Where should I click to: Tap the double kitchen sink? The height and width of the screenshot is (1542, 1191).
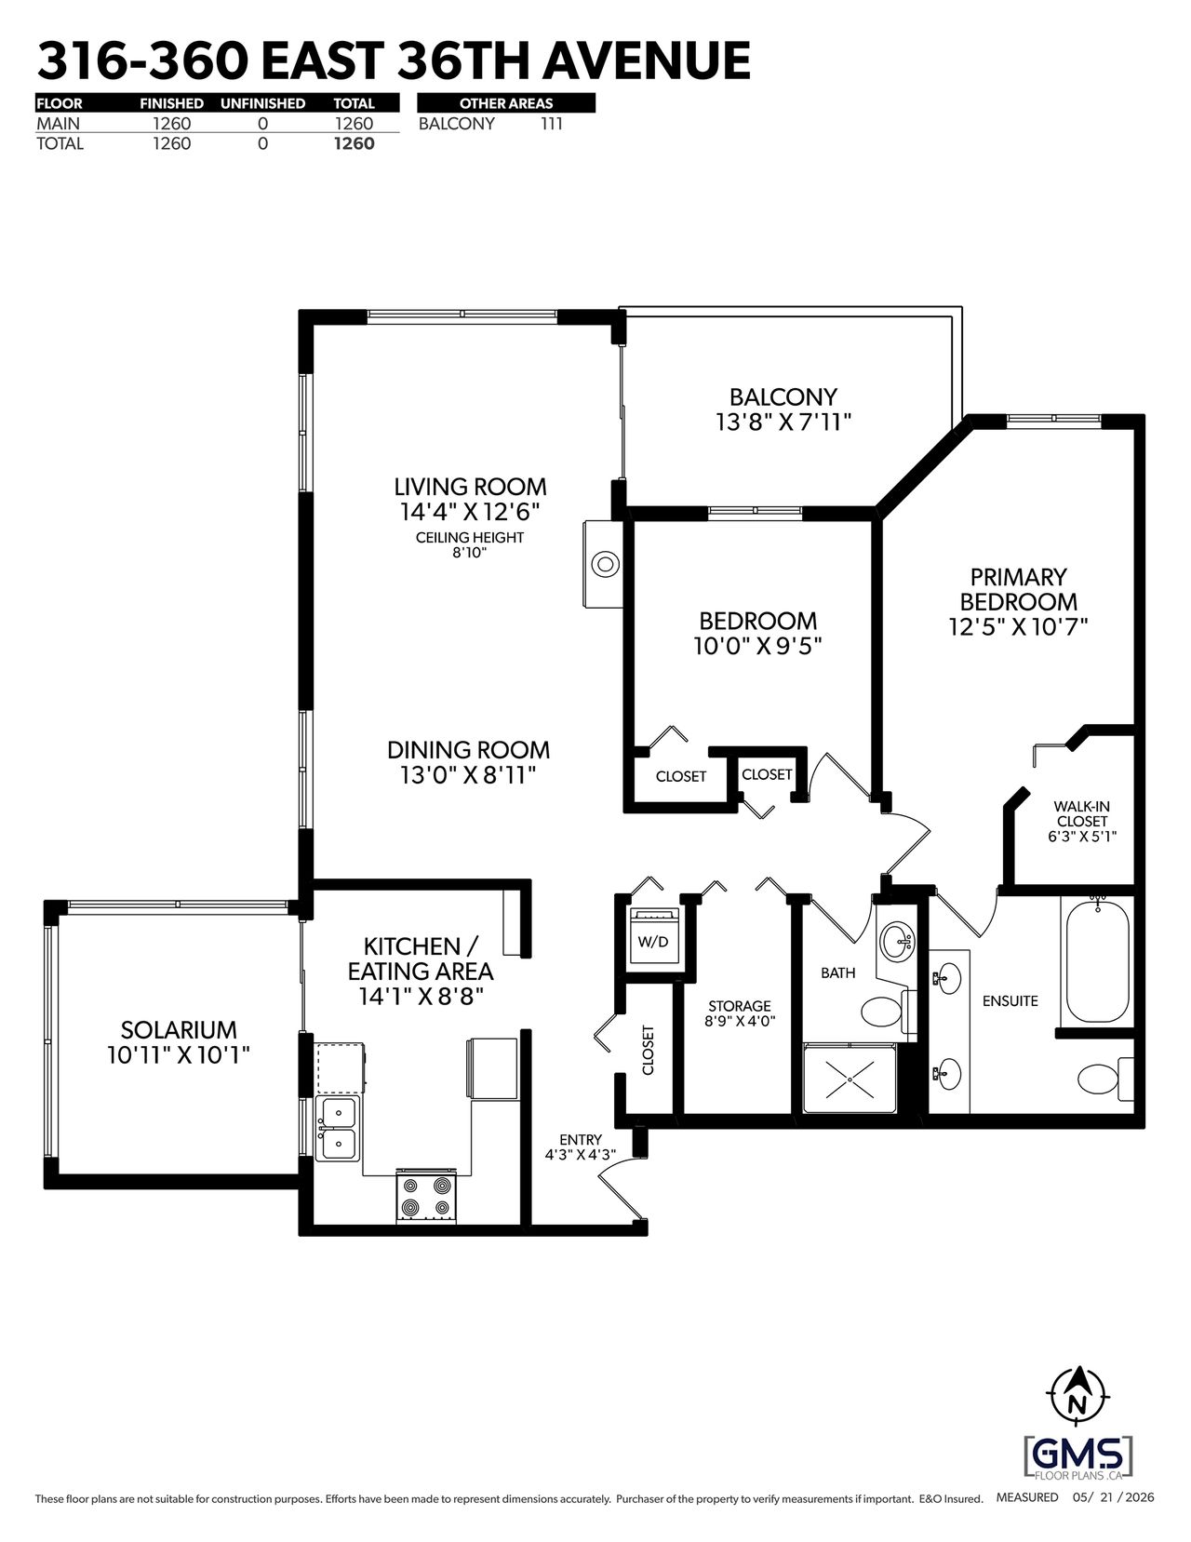coord(338,1128)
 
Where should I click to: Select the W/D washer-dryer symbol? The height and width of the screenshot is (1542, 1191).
coord(653,936)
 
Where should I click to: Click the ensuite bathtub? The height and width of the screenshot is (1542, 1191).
coord(1097,960)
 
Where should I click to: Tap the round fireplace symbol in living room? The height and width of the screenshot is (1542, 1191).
coord(604,564)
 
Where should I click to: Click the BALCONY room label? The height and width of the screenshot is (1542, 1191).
coord(783,396)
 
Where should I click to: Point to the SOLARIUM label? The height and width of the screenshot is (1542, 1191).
coord(179,1029)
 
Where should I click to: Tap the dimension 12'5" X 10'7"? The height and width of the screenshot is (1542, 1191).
coord(1018,627)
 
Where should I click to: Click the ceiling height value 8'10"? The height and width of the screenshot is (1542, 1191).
coord(470,553)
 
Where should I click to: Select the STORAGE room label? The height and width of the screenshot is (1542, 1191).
coord(739,1006)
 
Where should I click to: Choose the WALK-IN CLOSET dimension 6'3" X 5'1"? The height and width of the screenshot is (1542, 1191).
coord(1082,836)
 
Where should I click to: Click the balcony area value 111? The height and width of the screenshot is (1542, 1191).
coord(551,124)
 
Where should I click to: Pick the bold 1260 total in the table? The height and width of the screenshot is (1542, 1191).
coord(354,143)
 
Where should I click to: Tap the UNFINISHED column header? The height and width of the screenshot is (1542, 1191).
coord(262,103)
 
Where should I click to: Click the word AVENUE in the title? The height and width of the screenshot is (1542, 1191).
coord(647,61)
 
